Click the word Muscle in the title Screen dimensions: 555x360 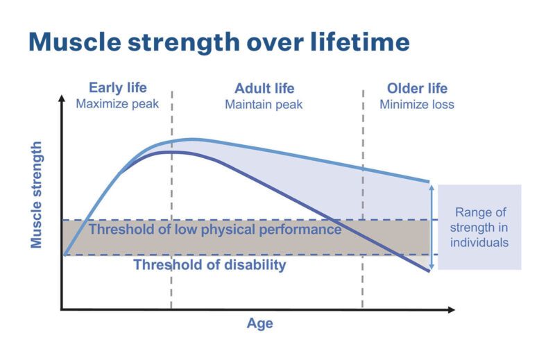coord(75,42)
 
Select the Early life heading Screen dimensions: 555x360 coord(117,88)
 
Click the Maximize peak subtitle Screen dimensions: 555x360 coord(117,104)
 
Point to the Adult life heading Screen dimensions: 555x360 coord(264,89)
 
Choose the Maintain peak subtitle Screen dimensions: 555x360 coord(264,105)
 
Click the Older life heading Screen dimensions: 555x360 coord(417,89)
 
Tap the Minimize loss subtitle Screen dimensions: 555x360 coord(417,105)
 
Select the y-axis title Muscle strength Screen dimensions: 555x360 coord(37,195)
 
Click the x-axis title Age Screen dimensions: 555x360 coord(259,323)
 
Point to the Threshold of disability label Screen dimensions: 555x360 coord(210,265)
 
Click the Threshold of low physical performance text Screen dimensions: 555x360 coord(215,230)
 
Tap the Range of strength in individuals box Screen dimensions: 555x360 coord(479,228)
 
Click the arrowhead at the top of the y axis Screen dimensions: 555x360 coord(62,98)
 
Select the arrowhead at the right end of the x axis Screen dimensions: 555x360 coord(452,310)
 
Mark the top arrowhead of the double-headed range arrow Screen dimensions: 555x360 coord(432,187)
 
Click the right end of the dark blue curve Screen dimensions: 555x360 coord(429,271)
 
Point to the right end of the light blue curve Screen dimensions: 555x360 coord(429,182)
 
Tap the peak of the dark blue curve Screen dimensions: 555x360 coord(171,152)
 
